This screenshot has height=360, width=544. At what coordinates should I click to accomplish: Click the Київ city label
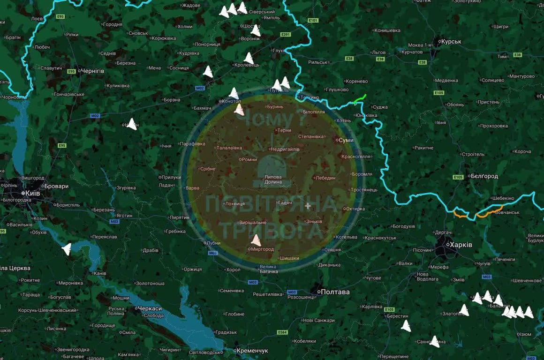pyautogui.click(x=33, y=193)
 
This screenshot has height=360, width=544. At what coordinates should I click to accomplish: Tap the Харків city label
pyautogui.click(x=461, y=245)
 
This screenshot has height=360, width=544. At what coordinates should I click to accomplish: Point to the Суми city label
pyautogui.click(x=346, y=140)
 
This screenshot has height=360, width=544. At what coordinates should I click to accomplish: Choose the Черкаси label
pyautogui.click(x=150, y=309)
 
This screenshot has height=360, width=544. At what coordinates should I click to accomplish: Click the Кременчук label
pyautogui.click(x=253, y=351)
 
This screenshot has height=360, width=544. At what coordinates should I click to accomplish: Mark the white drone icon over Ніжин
pyautogui.click(x=132, y=124)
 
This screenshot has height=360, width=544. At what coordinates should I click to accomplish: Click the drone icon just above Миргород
pyautogui.click(x=256, y=240)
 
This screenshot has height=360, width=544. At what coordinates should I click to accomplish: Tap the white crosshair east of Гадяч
pyautogui.click(x=308, y=206)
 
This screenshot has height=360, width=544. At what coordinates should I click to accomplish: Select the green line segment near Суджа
pyautogui.click(x=359, y=99)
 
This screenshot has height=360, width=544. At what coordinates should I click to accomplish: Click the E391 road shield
pyautogui.click(x=286, y=35)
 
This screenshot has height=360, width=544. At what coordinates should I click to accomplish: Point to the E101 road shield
pyautogui.click(x=313, y=21)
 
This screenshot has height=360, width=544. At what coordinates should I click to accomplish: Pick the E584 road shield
pyautogui.click(x=282, y=332)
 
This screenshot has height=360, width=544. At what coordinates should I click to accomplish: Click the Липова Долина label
pyautogui.click(x=273, y=179)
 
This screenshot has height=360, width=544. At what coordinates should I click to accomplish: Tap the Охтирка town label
pyautogui.click(x=355, y=209)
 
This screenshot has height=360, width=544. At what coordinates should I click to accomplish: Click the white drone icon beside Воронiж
pyautogui.click(x=255, y=30)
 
